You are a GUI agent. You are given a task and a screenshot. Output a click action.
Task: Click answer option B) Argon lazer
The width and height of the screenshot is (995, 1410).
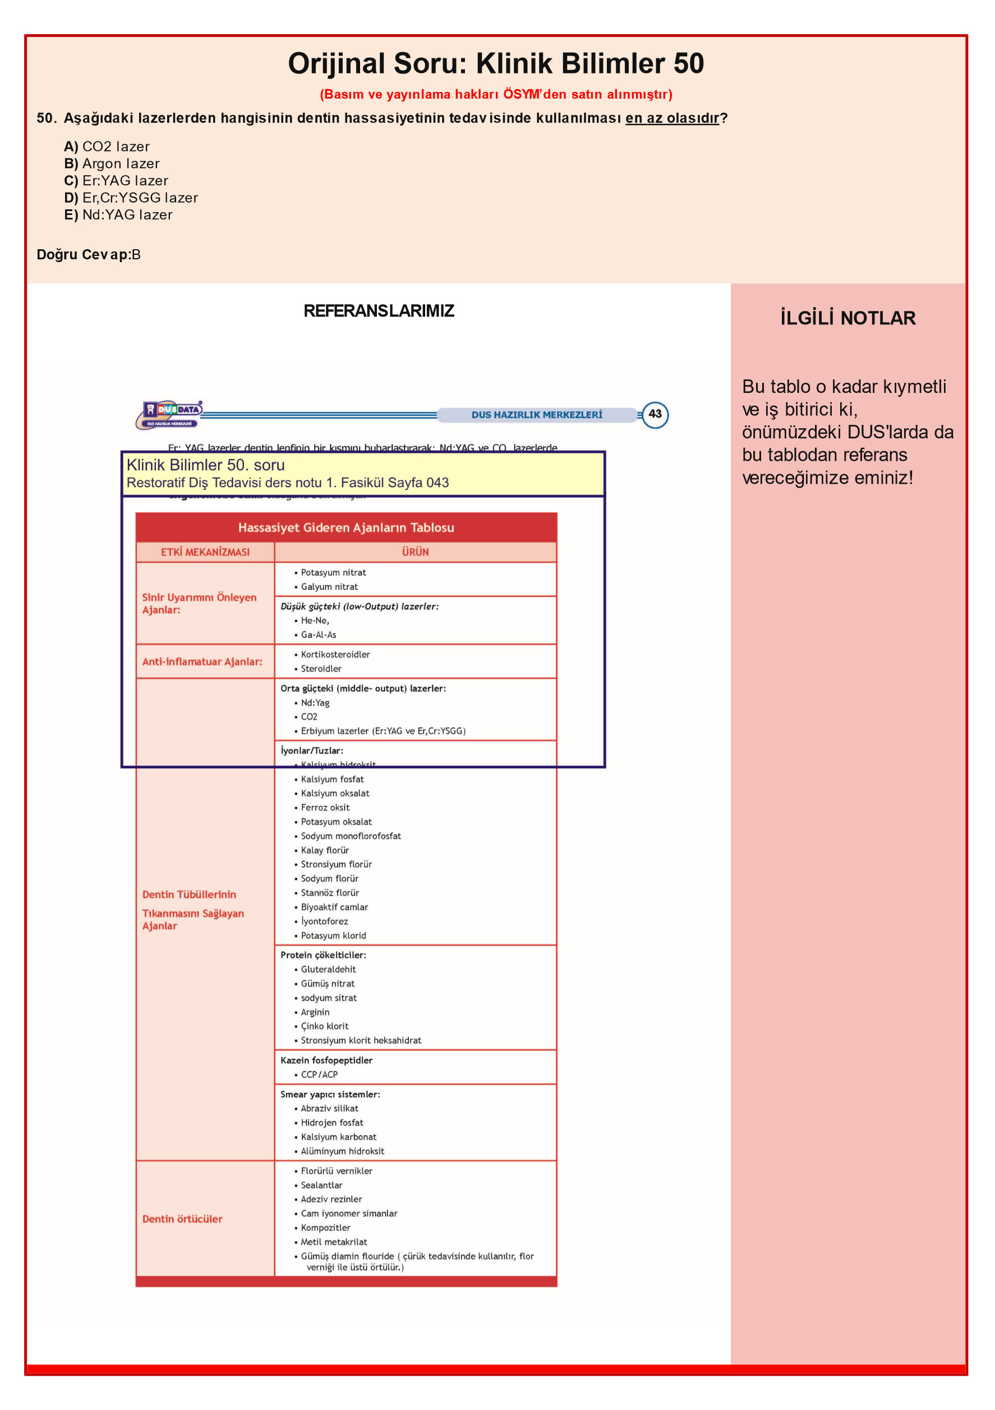pyautogui.click(x=112, y=163)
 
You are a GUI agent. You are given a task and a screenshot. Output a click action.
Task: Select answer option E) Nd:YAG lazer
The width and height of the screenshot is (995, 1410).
pyautogui.click(x=118, y=215)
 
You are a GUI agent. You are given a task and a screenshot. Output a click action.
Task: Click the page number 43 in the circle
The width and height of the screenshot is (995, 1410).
pyautogui.click(x=655, y=414)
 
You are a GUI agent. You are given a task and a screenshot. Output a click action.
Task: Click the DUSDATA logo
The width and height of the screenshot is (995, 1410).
pyautogui.click(x=169, y=414)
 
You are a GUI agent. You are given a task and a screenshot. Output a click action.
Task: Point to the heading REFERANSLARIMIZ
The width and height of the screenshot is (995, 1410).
pyautogui.click(x=379, y=311)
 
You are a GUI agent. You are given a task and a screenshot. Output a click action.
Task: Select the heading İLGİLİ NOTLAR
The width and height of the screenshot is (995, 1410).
pyautogui.click(x=847, y=318)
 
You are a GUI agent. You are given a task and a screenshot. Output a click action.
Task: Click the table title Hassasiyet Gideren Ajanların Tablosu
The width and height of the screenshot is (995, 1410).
pyautogui.click(x=346, y=528)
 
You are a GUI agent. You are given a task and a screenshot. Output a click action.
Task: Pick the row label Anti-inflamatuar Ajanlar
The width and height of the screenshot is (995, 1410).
pyautogui.click(x=202, y=661)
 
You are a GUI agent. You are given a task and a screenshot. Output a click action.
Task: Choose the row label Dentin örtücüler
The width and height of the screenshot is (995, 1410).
pyautogui.click(x=182, y=1219)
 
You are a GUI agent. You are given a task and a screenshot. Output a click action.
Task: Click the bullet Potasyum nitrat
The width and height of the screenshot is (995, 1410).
pyautogui.click(x=333, y=573)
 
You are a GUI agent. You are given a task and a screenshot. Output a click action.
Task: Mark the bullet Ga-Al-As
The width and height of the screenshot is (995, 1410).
pyautogui.click(x=318, y=634)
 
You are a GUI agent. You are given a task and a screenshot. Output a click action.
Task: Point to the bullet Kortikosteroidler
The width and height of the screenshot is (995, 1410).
pyautogui.click(x=335, y=654)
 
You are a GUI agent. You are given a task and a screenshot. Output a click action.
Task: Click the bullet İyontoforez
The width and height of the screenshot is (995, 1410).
pyautogui.click(x=324, y=921)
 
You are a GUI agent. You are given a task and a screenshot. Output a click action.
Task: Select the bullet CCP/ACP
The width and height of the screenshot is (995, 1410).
pyautogui.click(x=319, y=1074)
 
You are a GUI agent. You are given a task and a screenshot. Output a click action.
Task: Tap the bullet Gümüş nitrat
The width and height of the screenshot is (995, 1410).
pyautogui.click(x=327, y=983)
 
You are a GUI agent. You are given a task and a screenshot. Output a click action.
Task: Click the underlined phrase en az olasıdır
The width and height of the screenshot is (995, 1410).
pyautogui.click(x=671, y=118)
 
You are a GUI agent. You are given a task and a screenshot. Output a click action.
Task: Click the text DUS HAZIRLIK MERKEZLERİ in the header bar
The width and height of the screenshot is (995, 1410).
pyautogui.click(x=536, y=415)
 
